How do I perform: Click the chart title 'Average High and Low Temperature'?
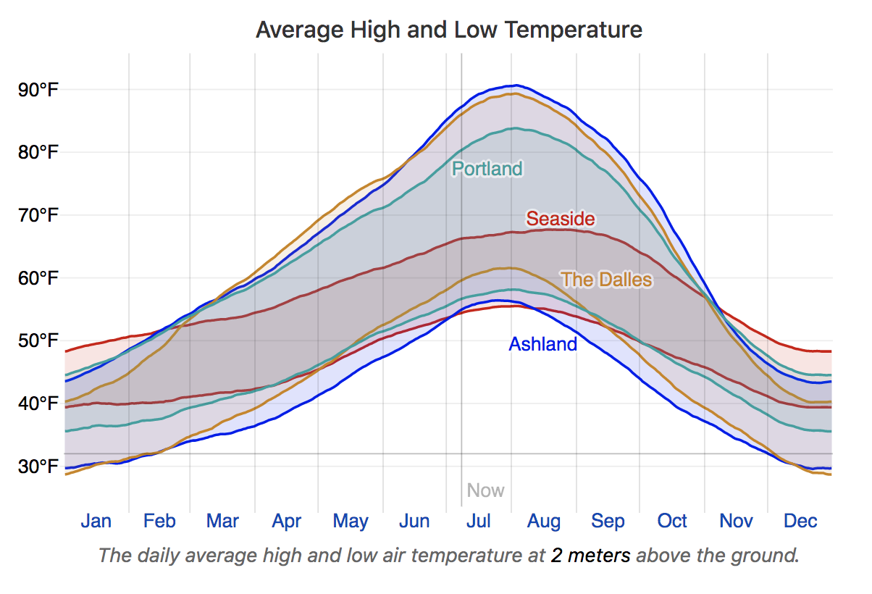pos(449,30)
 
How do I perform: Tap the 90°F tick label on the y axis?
pos(39,90)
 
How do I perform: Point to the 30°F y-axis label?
pos(39,466)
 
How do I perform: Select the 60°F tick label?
pos(39,278)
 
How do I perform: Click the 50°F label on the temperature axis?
pos(39,340)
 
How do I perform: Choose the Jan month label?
pos(96,521)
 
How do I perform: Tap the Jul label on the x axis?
pos(479,521)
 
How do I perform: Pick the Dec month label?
pos(800,521)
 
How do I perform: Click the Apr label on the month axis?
pos(287,521)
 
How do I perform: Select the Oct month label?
pos(672,521)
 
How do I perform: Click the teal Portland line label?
pos(487,169)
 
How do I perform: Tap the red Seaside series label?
pos(561,218)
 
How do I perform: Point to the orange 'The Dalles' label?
pos(606,279)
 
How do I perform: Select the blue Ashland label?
pos(543,344)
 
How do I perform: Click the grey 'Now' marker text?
pos(485,490)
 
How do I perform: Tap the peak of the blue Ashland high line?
pos(515,85)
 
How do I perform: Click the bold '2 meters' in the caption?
pos(590,556)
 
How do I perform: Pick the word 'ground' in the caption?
pos(769,556)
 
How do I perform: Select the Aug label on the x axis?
pos(544,521)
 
